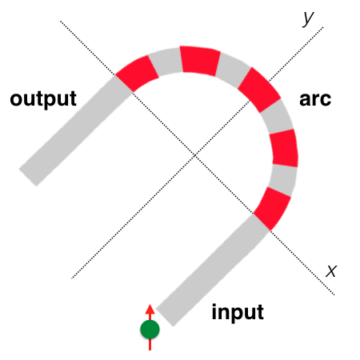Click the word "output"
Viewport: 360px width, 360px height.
point(43,99)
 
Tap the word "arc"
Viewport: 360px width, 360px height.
point(315,99)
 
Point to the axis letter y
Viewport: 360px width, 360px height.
point(308,18)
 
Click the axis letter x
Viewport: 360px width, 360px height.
point(331,271)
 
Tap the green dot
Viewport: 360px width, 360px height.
point(150,330)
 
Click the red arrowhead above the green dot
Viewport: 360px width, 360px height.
point(150,309)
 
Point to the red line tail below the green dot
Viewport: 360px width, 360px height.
point(150,344)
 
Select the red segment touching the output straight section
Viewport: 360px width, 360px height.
point(137,74)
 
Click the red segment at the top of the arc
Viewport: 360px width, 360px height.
point(200,61)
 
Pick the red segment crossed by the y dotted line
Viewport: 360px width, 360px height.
point(259,90)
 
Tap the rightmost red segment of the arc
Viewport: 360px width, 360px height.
point(284,148)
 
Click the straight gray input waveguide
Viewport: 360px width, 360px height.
point(213,270)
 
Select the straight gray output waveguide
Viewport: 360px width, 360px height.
point(76,130)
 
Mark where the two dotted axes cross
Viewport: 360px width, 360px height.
point(195,155)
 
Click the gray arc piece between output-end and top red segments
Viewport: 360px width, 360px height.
point(166,62)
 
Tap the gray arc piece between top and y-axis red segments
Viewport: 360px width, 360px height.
point(233,70)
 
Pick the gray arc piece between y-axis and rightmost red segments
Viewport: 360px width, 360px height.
point(278,116)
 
